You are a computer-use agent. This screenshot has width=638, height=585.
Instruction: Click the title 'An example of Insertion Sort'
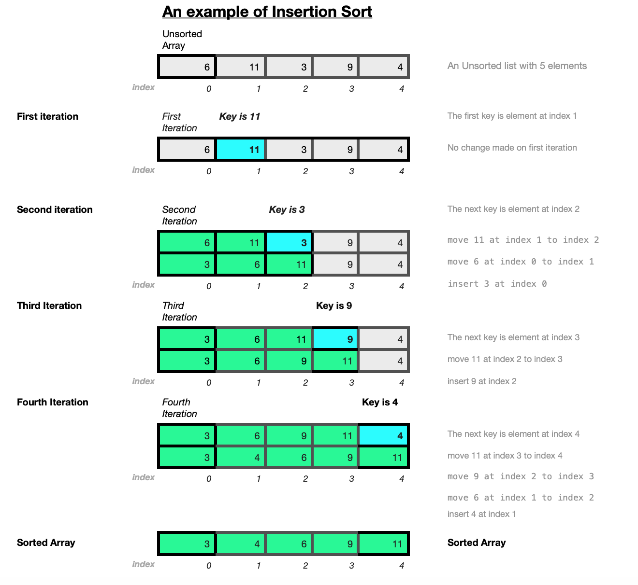(x=267, y=12)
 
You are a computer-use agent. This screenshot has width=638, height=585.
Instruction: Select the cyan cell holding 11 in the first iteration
(x=240, y=149)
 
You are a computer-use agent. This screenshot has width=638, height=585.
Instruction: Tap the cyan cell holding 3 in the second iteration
(x=289, y=243)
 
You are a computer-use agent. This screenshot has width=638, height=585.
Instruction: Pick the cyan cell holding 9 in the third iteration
(x=335, y=339)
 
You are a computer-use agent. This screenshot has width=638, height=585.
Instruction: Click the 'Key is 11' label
(x=239, y=116)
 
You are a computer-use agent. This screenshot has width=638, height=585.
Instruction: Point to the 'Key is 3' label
(x=287, y=210)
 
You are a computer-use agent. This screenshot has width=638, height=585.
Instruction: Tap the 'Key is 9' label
(x=334, y=306)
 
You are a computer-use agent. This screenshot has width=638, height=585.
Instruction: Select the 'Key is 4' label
(x=380, y=402)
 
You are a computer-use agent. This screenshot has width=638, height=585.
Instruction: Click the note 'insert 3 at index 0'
(x=497, y=284)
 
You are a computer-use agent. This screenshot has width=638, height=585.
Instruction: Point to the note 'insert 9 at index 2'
(x=482, y=381)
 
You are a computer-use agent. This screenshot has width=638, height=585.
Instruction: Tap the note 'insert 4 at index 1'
(x=481, y=514)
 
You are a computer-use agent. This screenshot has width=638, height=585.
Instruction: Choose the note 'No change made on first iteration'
(x=512, y=148)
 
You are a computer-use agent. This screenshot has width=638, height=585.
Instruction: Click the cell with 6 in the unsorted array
(x=187, y=67)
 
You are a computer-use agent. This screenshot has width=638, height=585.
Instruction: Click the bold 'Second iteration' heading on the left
(x=55, y=210)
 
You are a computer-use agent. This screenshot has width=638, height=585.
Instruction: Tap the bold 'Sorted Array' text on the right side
(x=477, y=543)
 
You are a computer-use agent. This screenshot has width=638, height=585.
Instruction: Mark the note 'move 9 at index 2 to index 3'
(x=521, y=476)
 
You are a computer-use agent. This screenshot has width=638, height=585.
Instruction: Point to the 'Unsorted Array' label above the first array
(x=182, y=40)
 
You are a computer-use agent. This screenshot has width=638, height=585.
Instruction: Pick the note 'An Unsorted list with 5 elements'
(x=517, y=66)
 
